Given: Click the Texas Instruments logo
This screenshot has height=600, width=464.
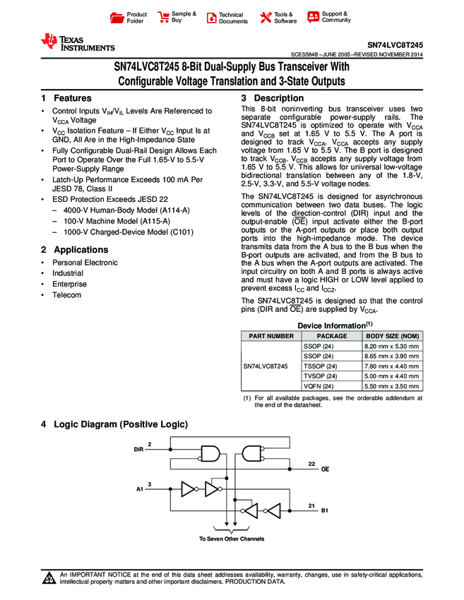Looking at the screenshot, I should tap(77, 43).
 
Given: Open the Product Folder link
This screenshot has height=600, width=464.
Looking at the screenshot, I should tap(136, 18).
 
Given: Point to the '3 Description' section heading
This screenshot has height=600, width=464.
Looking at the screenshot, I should tap(272, 98).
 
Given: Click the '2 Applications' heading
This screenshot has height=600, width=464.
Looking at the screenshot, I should tap(75, 250).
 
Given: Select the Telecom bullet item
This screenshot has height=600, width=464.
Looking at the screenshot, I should tap(66, 295).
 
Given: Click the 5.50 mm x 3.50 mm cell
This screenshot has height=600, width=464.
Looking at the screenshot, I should tap(391, 386).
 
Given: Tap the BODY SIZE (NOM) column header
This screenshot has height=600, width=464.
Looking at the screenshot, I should tap(391, 336).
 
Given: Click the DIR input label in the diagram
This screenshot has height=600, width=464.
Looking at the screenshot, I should tap(139, 449).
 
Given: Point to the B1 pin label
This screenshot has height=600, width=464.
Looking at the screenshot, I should tap(326, 510).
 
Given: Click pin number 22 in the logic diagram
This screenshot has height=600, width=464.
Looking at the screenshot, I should tap(311, 464).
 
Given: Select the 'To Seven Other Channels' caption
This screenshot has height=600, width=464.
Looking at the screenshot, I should tap(232, 539).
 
